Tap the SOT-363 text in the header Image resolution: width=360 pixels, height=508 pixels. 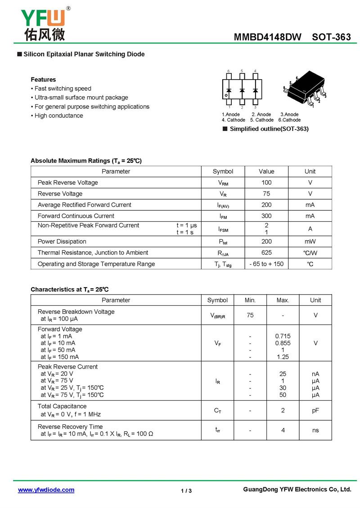(x=331, y=37)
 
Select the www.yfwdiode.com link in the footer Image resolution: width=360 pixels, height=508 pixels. (x=46, y=490)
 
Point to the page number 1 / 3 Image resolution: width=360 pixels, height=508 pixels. (x=186, y=491)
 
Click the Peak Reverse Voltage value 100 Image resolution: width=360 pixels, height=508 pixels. (x=266, y=183)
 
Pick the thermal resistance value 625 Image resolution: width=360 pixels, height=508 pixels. (x=266, y=253)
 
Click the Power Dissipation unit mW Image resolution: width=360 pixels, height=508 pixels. (x=310, y=241)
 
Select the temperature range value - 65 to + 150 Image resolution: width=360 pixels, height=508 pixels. (x=266, y=264)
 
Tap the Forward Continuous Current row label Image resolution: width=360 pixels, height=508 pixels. (x=76, y=216)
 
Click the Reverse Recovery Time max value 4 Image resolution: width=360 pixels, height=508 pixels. (x=283, y=430)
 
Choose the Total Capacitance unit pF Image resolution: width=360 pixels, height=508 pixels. (x=315, y=410)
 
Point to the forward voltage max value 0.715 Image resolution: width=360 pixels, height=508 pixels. (x=283, y=336)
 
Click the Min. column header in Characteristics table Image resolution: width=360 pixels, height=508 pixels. (x=250, y=300)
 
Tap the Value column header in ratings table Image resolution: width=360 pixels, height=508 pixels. (x=266, y=171)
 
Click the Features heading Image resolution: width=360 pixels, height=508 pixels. (x=43, y=80)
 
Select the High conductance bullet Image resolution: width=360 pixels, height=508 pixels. (x=58, y=116)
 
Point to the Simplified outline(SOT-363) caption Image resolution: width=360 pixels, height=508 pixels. (x=269, y=129)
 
